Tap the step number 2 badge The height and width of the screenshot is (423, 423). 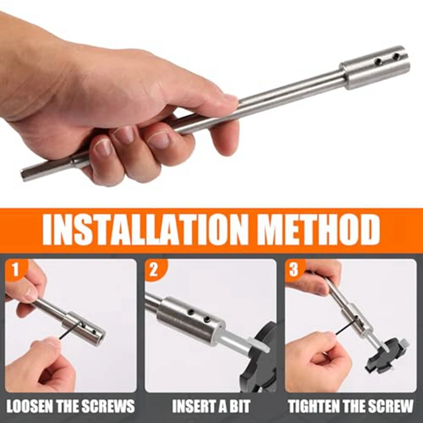(153, 270)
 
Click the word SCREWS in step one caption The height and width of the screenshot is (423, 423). (108, 406)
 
